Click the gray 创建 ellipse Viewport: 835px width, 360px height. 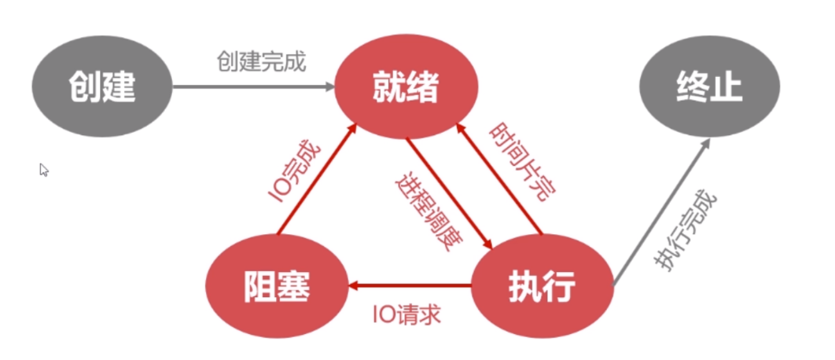tap(102, 86)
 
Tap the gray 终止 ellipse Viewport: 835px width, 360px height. tap(708, 86)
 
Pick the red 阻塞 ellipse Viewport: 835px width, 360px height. tap(275, 288)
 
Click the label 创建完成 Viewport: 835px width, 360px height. tap(262, 62)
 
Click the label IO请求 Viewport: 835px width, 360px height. tap(406, 315)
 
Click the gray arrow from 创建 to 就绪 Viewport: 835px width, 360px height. tap(252, 86)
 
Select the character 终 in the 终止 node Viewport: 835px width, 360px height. tap(689, 86)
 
